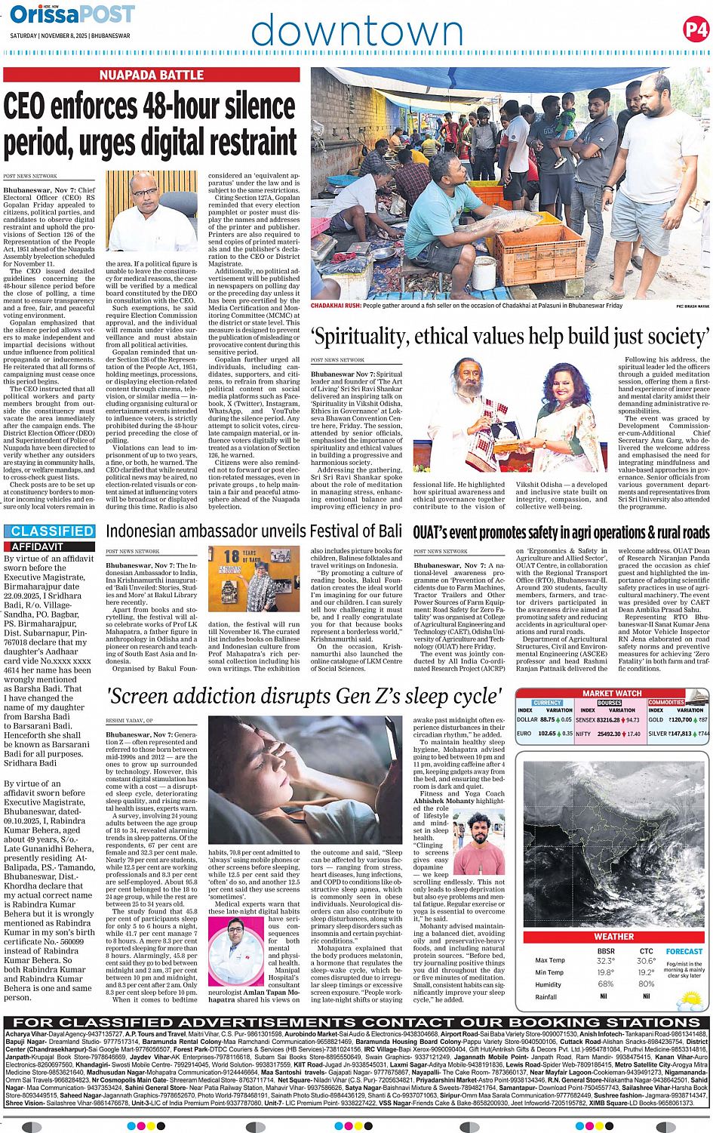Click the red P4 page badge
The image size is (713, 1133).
696,30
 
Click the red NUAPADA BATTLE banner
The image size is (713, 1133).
152,75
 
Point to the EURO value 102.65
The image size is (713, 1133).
547,733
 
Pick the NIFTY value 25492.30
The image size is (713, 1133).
609,733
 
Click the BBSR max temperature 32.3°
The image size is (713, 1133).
605,961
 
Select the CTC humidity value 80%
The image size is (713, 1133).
646,984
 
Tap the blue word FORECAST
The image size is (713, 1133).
684,951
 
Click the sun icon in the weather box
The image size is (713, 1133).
690,1001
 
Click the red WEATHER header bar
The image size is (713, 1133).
613,936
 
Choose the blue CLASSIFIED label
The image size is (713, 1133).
52,531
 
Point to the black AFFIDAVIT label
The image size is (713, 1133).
38,546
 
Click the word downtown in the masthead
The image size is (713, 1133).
356,32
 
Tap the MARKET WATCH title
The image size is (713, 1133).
612,693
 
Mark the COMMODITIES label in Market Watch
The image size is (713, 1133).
666,702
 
